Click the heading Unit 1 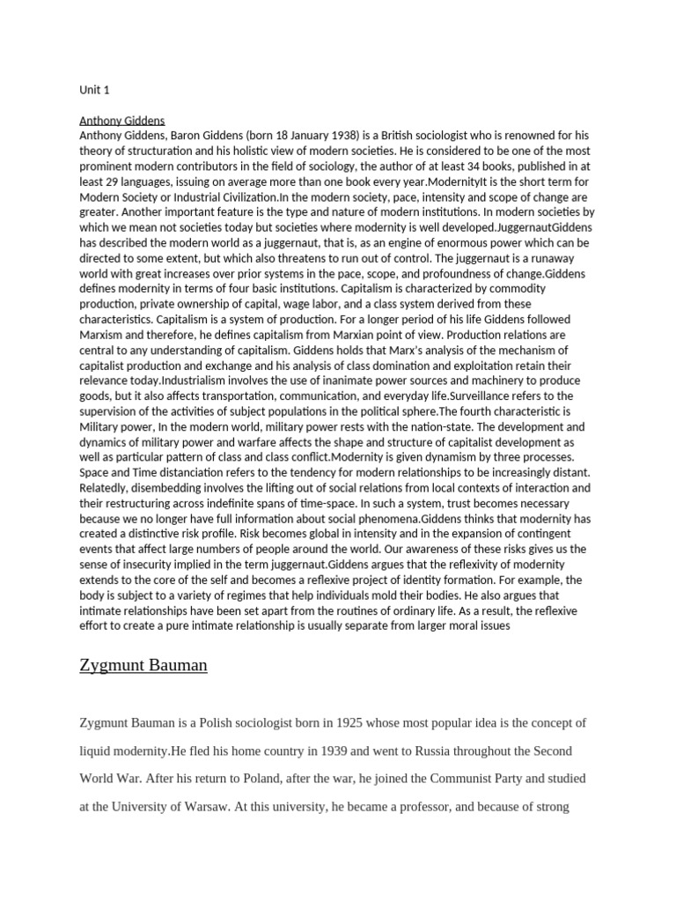click(94, 90)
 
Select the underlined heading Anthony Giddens click(121, 120)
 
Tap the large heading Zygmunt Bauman click(143, 664)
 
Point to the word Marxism click(107, 334)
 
